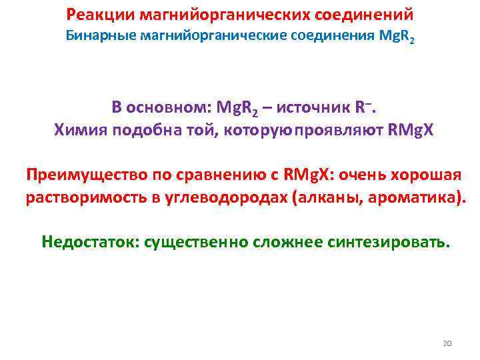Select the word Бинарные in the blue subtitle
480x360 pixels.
click(x=100, y=36)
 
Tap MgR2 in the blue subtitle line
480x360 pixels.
click(x=395, y=37)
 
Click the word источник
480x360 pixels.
click(x=312, y=107)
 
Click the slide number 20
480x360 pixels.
click(x=447, y=343)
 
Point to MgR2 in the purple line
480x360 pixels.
click(x=235, y=108)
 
